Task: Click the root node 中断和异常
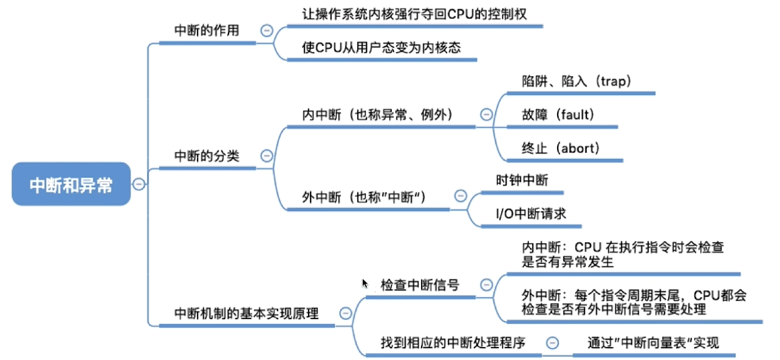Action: [71, 184]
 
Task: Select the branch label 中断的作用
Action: [207, 30]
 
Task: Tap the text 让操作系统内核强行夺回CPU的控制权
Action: [414, 14]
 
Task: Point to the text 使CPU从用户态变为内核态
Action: [381, 48]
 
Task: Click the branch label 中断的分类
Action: [207, 156]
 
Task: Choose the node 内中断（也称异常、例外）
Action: [376, 115]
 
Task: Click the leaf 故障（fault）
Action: [558, 115]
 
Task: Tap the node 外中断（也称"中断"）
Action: [363, 197]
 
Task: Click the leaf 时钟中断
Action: [522, 180]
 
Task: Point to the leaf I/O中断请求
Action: [531, 214]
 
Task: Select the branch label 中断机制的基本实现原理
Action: [247, 314]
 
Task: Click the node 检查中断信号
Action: [420, 285]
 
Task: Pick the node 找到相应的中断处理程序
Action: [453, 343]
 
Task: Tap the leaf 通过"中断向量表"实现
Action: [653, 343]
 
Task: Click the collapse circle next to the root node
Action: [139, 184]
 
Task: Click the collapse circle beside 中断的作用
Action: [267, 30]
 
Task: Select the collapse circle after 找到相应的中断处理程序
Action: [552, 343]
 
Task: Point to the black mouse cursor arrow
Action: [365, 283]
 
